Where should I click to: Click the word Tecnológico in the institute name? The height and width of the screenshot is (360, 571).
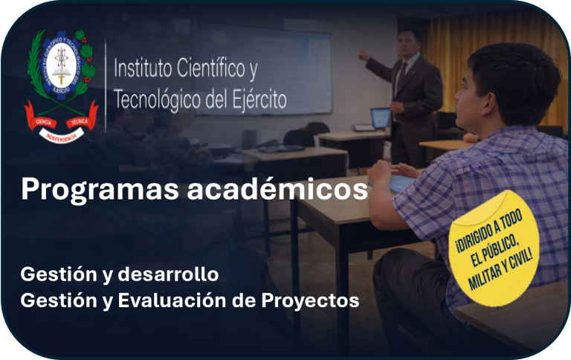155,100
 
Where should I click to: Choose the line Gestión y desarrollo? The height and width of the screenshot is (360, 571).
120,274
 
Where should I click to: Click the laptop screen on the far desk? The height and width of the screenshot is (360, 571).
381,118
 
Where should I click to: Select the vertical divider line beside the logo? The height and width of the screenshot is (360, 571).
106,85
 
